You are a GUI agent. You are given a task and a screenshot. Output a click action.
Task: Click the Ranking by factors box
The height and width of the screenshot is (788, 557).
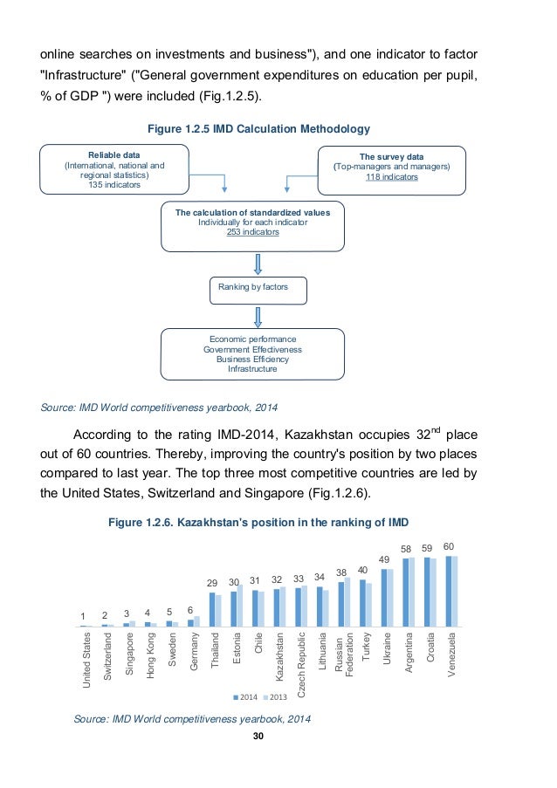[258, 288]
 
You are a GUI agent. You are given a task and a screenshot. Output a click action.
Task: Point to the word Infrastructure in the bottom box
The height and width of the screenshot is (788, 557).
[251, 369]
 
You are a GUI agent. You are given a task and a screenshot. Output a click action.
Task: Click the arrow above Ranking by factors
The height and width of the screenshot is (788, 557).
[258, 264]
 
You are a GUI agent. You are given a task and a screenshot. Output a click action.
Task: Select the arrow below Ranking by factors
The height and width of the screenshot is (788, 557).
[258, 316]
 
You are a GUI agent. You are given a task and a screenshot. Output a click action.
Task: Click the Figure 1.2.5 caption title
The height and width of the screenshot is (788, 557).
[252, 130]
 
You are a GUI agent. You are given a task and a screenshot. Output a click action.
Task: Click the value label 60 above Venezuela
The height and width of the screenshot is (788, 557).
[450, 546]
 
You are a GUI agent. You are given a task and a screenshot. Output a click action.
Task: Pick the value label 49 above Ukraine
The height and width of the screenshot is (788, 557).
[386, 559]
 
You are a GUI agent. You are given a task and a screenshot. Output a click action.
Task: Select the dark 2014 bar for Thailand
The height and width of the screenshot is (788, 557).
[212, 609]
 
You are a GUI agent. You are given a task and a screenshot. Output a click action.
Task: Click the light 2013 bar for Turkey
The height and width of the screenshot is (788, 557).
[369, 605]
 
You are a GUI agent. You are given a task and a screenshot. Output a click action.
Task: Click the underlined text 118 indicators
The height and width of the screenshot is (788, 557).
[392, 177]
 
